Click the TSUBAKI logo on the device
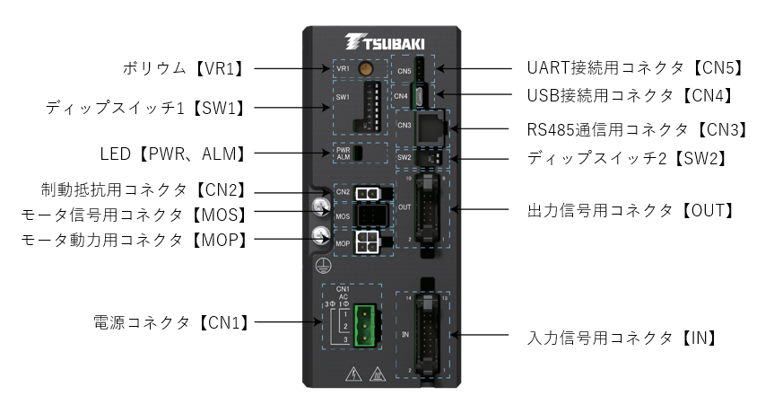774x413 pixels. (x=386, y=42)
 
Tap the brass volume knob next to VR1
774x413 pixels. (x=366, y=68)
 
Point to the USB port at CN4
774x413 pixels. (x=422, y=93)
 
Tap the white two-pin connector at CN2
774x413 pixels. (x=366, y=193)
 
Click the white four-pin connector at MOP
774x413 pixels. (x=366, y=242)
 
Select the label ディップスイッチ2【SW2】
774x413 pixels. (x=626, y=157)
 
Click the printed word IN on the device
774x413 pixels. (x=405, y=334)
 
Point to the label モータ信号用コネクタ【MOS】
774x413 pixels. (x=134, y=215)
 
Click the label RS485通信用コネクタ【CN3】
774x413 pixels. (x=637, y=128)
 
